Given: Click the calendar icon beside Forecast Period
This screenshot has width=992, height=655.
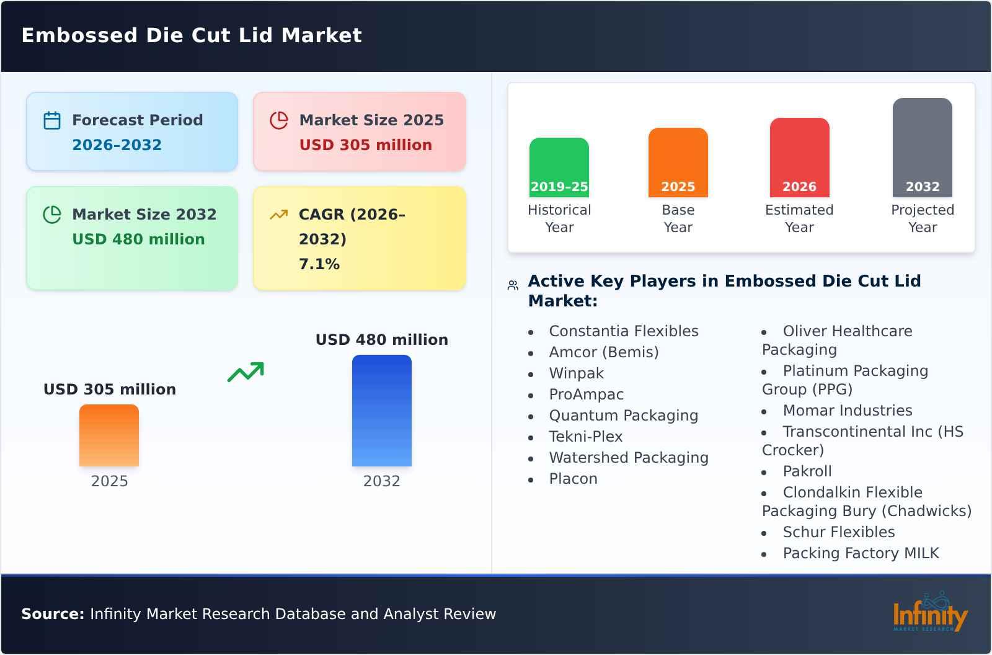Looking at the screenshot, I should pos(52,120).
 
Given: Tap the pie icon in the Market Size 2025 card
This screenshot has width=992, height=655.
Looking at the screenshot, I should pos(279,120).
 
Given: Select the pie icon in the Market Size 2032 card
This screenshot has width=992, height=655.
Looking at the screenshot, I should pos(52,215).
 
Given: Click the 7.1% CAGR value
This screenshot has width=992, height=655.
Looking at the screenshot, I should pos(319,264).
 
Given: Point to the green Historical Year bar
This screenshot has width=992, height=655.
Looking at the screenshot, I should pos(559,167).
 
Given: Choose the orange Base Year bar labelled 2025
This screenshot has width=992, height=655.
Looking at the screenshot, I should pos(678,163).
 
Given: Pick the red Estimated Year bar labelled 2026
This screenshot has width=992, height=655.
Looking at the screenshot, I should pos(799,158).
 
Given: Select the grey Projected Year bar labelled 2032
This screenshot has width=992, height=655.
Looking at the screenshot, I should pos(922,148).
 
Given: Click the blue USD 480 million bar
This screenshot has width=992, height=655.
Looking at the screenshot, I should pos(381,411).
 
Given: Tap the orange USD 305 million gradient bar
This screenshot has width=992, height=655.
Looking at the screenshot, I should pos(109,435).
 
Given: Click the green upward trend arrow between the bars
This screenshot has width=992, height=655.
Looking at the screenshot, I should pos(246,372).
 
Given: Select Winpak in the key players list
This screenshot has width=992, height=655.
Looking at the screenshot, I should pos(576,373).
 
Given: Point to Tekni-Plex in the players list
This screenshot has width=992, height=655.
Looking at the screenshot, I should pos(585,437).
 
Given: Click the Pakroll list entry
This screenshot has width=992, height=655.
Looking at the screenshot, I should pos(807,471).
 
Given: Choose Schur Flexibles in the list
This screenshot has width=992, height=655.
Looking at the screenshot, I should pos(838,532).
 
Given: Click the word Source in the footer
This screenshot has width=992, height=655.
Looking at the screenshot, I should pos(52,614).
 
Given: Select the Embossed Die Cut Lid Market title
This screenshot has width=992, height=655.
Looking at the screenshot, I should pos(192,35).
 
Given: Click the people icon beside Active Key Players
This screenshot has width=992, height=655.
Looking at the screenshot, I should pos(513,285).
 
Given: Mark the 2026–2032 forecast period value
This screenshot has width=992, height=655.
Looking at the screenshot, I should pos(117,145).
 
